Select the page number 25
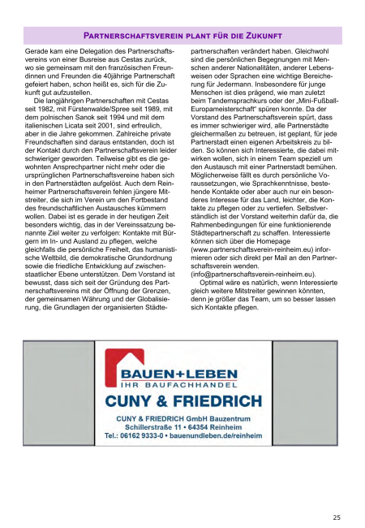coord(336,517)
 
